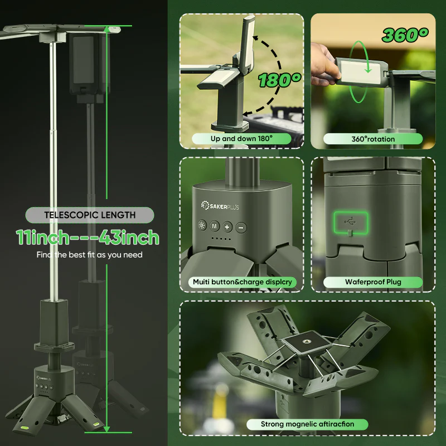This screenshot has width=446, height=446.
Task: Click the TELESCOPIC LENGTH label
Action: coord(90,215)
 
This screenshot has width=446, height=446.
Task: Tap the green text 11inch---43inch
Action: coord(88,237)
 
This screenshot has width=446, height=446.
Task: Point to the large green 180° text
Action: coord(280,80)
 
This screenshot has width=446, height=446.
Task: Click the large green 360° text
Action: coord(405,35)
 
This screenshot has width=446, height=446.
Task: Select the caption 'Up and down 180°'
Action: coord(241,138)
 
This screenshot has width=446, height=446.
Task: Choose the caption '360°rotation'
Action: coord(373,139)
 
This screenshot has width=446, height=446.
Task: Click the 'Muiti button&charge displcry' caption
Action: coord(243,282)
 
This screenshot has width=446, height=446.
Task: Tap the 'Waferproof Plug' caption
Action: coord(373,282)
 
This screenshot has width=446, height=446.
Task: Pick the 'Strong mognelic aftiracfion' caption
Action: coord(307,424)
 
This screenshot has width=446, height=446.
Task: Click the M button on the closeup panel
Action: coord(215,226)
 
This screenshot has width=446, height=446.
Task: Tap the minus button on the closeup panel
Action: coord(241,227)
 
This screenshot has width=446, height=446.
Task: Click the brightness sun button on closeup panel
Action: coord(202,226)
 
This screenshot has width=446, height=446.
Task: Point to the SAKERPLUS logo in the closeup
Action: coord(220,206)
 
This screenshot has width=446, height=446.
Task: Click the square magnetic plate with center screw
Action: coord(307,342)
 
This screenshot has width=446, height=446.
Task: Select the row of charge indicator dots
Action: coord(221,239)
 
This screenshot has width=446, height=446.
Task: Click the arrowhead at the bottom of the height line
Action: coord(106,429)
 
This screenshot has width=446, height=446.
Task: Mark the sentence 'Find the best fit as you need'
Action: coord(89,255)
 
